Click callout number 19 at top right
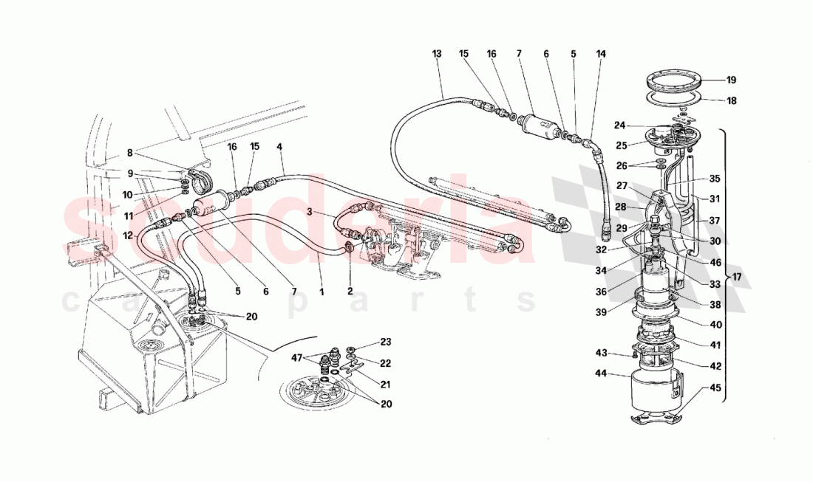tap(731, 80)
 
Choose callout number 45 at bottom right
tap(715, 387)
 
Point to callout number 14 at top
tap(600, 54)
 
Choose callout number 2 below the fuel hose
tap(350, 290)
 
